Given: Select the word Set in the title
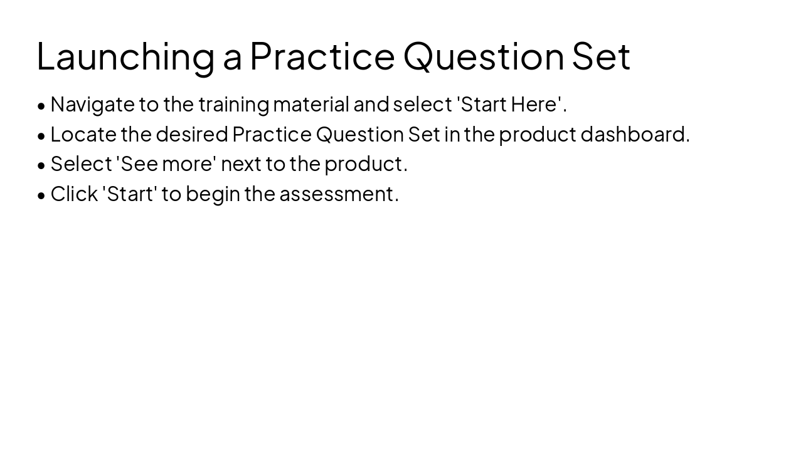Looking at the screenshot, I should click(600, 56).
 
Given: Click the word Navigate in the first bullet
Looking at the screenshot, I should click(92, 105).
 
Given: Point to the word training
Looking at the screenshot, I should click(233, 105).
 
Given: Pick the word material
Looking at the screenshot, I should click(311, 105).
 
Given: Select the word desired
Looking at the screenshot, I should click(191, 135).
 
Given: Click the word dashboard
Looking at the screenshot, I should click(634, 135).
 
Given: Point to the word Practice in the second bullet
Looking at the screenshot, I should click(272, 135).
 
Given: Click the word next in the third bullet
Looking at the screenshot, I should click(241, 164).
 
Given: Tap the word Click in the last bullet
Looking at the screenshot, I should click(74, 194).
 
